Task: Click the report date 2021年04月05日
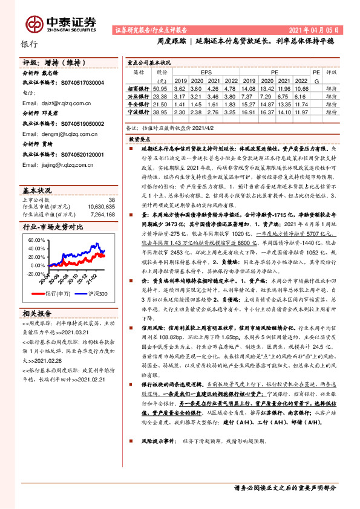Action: point(318,30)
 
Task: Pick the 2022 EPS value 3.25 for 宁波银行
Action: point(229,112)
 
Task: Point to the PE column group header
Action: point(274,71)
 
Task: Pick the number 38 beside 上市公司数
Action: point(111,199)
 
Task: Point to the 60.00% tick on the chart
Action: point(36,239)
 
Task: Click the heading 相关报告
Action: point(38,313)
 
